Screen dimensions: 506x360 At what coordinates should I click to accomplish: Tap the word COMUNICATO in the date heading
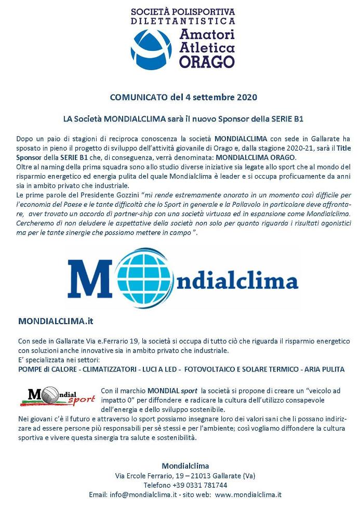[136, 97]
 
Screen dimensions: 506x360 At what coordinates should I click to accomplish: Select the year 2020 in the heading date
[247, 97]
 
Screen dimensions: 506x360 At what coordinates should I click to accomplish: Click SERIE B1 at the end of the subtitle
[288, 119]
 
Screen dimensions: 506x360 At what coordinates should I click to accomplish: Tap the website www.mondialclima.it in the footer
[248, 495]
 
